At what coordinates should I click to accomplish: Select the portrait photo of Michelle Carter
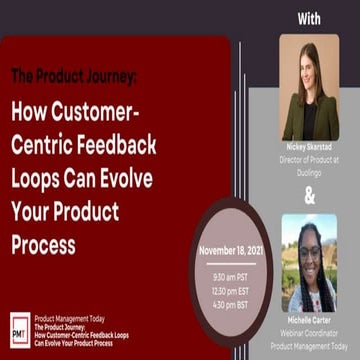(x=309, y=263)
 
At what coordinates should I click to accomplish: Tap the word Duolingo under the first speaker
(x=309, y=165)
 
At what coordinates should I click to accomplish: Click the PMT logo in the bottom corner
(x=19, y=329)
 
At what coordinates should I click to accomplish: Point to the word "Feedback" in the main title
(x=115, y=145)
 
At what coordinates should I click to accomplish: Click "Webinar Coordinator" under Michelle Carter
(x=309, y=331)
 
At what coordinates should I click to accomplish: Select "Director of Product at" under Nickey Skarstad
(x=309, y=156)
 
